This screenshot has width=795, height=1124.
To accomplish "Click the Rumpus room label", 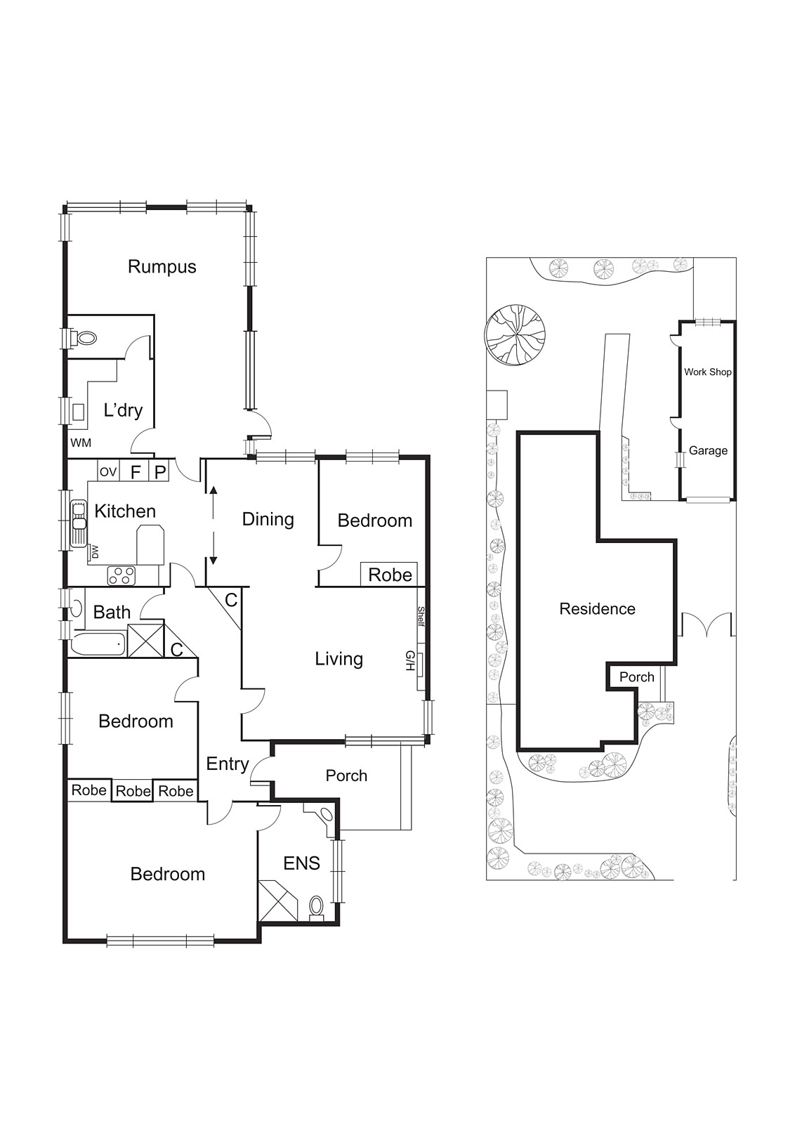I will point(162,267).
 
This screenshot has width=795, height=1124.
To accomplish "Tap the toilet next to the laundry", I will point(86,339).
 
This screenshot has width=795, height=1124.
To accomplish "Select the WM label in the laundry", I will point(81,443).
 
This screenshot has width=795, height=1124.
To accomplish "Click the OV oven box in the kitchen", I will point(107,472).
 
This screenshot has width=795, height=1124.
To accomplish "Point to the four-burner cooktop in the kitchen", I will point(121,576).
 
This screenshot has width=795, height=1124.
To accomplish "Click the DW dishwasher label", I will point(94,552).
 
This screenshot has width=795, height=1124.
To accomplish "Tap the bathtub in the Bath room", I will point(98,643).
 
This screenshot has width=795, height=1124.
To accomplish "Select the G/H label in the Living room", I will point(409,660).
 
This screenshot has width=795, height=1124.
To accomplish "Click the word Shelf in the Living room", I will point(421,618).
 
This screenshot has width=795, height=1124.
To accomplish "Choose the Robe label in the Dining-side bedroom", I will point(390,575).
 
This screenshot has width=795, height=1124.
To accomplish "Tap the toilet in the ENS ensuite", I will point(317,906).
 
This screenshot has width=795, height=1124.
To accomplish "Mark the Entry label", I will point(227,764).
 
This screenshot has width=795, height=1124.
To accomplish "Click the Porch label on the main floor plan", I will point(346,776).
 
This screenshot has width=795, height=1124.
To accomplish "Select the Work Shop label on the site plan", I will point(707,372).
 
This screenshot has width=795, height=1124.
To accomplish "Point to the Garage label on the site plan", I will point(707,451).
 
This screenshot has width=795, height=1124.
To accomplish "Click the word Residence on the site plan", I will point(597,609).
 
